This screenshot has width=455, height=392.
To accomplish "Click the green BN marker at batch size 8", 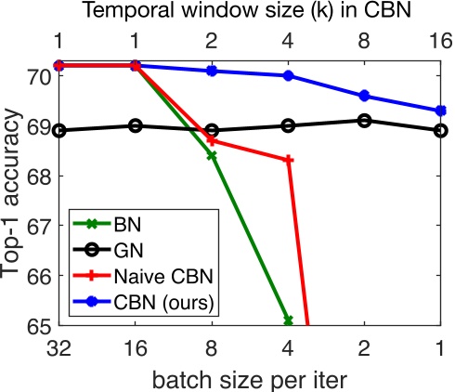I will tap(212, 156).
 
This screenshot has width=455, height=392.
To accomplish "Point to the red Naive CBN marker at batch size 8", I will tap(212, 140).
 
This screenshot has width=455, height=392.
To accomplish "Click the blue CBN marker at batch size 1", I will tap(440, 111).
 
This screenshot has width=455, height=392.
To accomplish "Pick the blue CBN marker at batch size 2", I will tap(364, 96).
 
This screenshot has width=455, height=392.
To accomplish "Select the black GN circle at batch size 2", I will tap(364, 120).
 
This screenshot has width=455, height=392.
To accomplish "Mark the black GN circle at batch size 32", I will tap(59, 130).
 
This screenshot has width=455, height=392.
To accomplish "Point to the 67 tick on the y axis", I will tap(41, 226).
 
